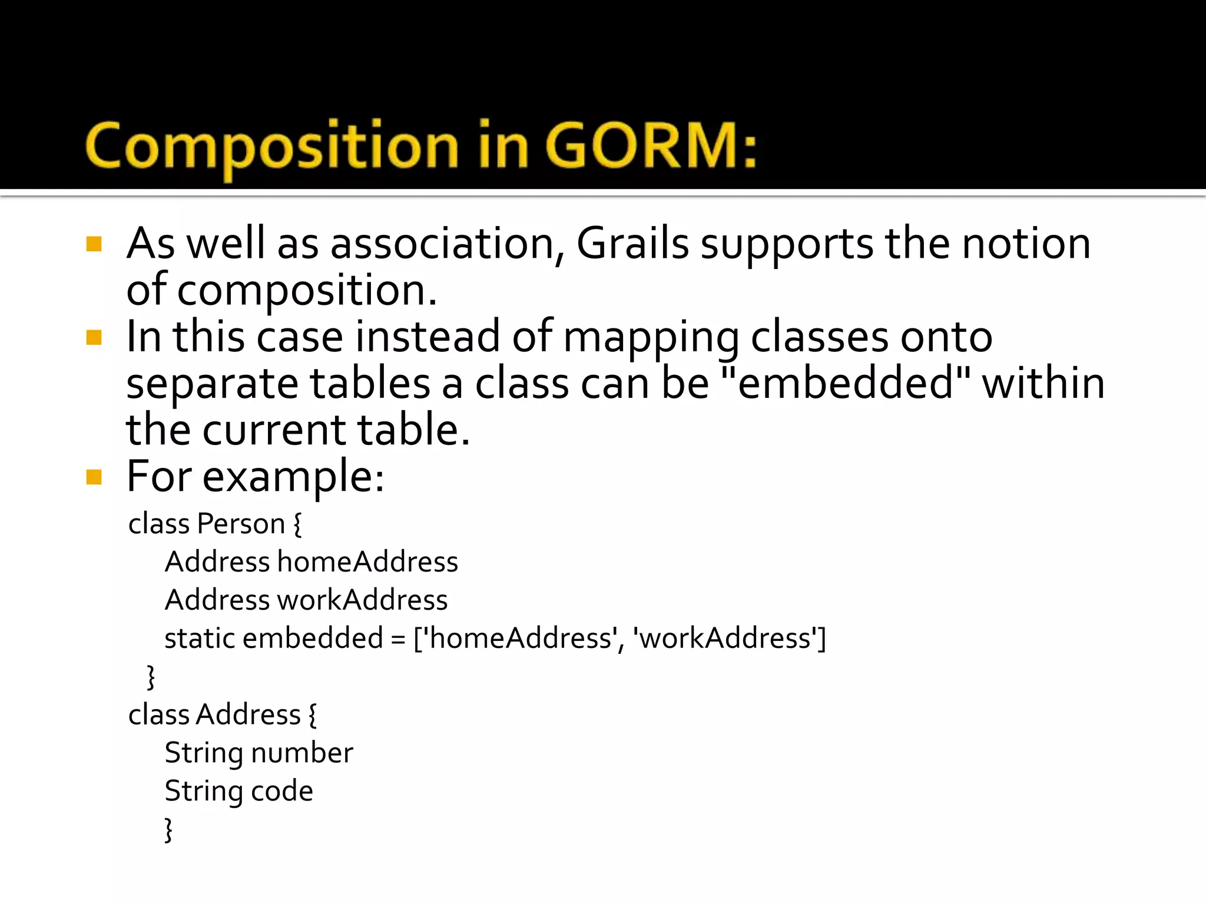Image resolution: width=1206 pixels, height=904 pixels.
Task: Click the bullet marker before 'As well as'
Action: pyautogui.click(x=94, y=244)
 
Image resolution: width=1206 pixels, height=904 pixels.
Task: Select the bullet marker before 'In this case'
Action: pyautogui.click(x=94, y=337)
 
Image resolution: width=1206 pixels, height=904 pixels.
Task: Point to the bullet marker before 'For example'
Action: pyautogui.click(x=94, y=476)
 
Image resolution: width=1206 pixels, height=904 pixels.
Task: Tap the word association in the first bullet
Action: pyautogui.click(x=442, y=243)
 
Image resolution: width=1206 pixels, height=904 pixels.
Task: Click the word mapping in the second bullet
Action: pyautogui.click(x=651, y=338)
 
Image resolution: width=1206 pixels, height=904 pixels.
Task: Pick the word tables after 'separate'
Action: pyautogui.click(x=370, y=383)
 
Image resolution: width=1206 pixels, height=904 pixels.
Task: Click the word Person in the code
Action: pyautogui.click(x=241, y=523)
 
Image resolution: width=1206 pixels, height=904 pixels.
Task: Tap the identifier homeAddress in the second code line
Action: pyautogui.click(x=367, y=561)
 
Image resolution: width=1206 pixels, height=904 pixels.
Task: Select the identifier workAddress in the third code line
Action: pyautogui.click(x=362, y=600)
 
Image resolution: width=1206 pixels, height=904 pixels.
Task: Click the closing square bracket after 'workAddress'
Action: pyautogui.click(x=822, y=638)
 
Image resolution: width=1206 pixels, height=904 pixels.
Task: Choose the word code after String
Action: pyautogui.click(x=282, y=791)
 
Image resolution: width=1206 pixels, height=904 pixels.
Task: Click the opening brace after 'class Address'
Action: pyautogui.click(x=312, y=715)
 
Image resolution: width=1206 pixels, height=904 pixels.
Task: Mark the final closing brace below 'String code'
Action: pyautogui.click(x=168, y=829)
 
